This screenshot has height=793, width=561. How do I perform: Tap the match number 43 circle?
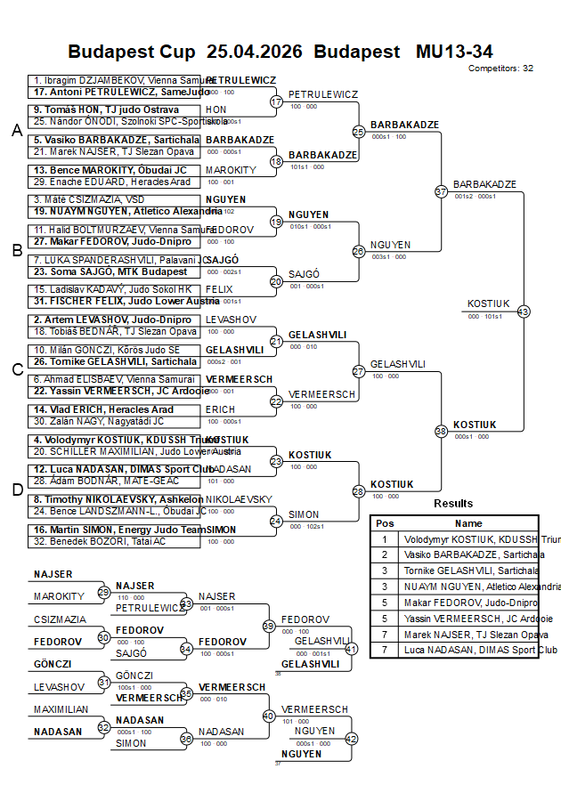pos(524,312)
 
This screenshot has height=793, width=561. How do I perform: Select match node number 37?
pos(441,190)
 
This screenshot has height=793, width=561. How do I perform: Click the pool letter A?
pos(16,131)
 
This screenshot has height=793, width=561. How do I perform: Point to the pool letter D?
pos(16,489)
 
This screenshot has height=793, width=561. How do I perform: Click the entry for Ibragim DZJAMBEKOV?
pos(116,80)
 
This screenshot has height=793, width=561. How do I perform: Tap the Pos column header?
pos(385,523)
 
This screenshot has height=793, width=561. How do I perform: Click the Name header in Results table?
pos(468,523)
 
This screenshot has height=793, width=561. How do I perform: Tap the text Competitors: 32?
pos(500,68)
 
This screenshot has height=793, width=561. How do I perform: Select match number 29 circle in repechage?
pos(104,592)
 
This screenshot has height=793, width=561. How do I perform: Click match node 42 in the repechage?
pos(351,738)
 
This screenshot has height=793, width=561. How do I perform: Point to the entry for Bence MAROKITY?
pos(111,169)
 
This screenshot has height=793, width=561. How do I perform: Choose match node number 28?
pos(359,490)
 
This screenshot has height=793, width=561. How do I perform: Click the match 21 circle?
pos(276,341)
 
